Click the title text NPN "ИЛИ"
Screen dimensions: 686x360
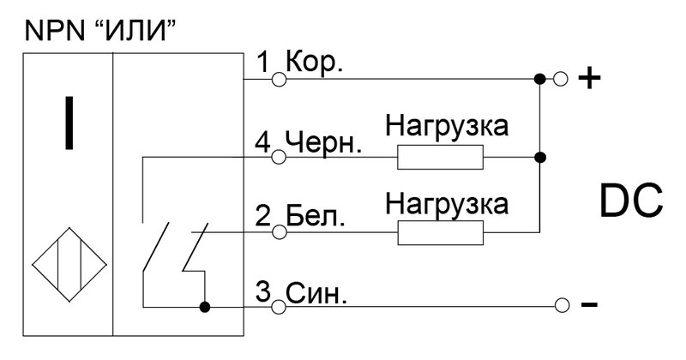[100, 31]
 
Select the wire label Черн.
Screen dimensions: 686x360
[323, 141]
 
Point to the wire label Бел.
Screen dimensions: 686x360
[315, 216]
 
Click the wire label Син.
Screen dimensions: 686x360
[316, 293]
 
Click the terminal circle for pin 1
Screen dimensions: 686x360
[280, 79]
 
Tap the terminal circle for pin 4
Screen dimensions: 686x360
[280, 157]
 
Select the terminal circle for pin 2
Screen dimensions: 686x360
[280, 232]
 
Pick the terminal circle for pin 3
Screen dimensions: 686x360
[280, 307]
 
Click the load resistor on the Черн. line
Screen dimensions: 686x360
[440, 157]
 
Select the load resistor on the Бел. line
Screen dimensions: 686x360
[440, 232]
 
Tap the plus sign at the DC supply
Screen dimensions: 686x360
[589, 79]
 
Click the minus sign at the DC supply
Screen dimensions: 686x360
[589, 304]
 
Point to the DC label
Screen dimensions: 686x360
[630, 201]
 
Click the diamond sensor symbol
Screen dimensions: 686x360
[69, 264]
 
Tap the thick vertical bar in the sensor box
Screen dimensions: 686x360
[69, 123]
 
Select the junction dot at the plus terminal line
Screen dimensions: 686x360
[540, 79]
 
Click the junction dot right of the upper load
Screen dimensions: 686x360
[540, 157]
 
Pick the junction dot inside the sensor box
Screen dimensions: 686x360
[205, 307]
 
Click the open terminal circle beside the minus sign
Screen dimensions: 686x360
[562, 305]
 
